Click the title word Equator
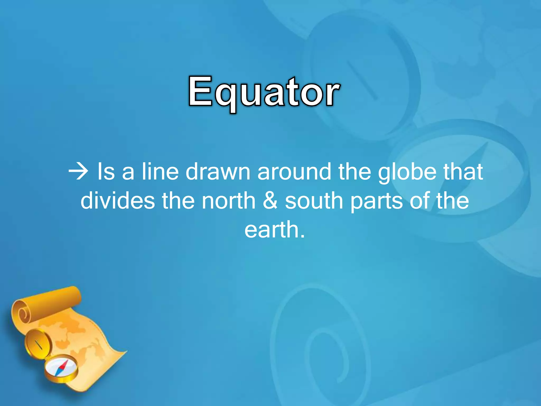264,92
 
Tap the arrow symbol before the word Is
78,172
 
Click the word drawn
218,172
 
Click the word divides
118,201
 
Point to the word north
228,201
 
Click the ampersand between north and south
270,201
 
